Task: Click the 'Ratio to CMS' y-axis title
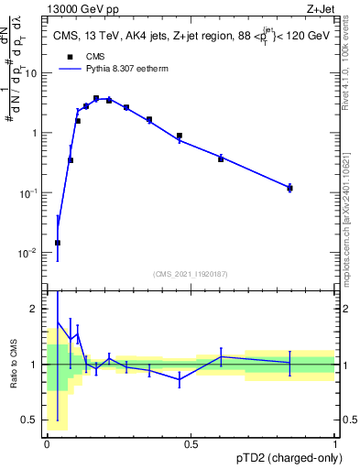coord(13,364)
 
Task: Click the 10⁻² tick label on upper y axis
coord(30,253)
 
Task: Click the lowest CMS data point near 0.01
coord(58,243)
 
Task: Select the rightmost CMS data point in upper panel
coord(289,188)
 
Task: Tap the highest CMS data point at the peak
coord(96,98)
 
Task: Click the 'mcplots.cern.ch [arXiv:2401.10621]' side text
coord(352,202)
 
